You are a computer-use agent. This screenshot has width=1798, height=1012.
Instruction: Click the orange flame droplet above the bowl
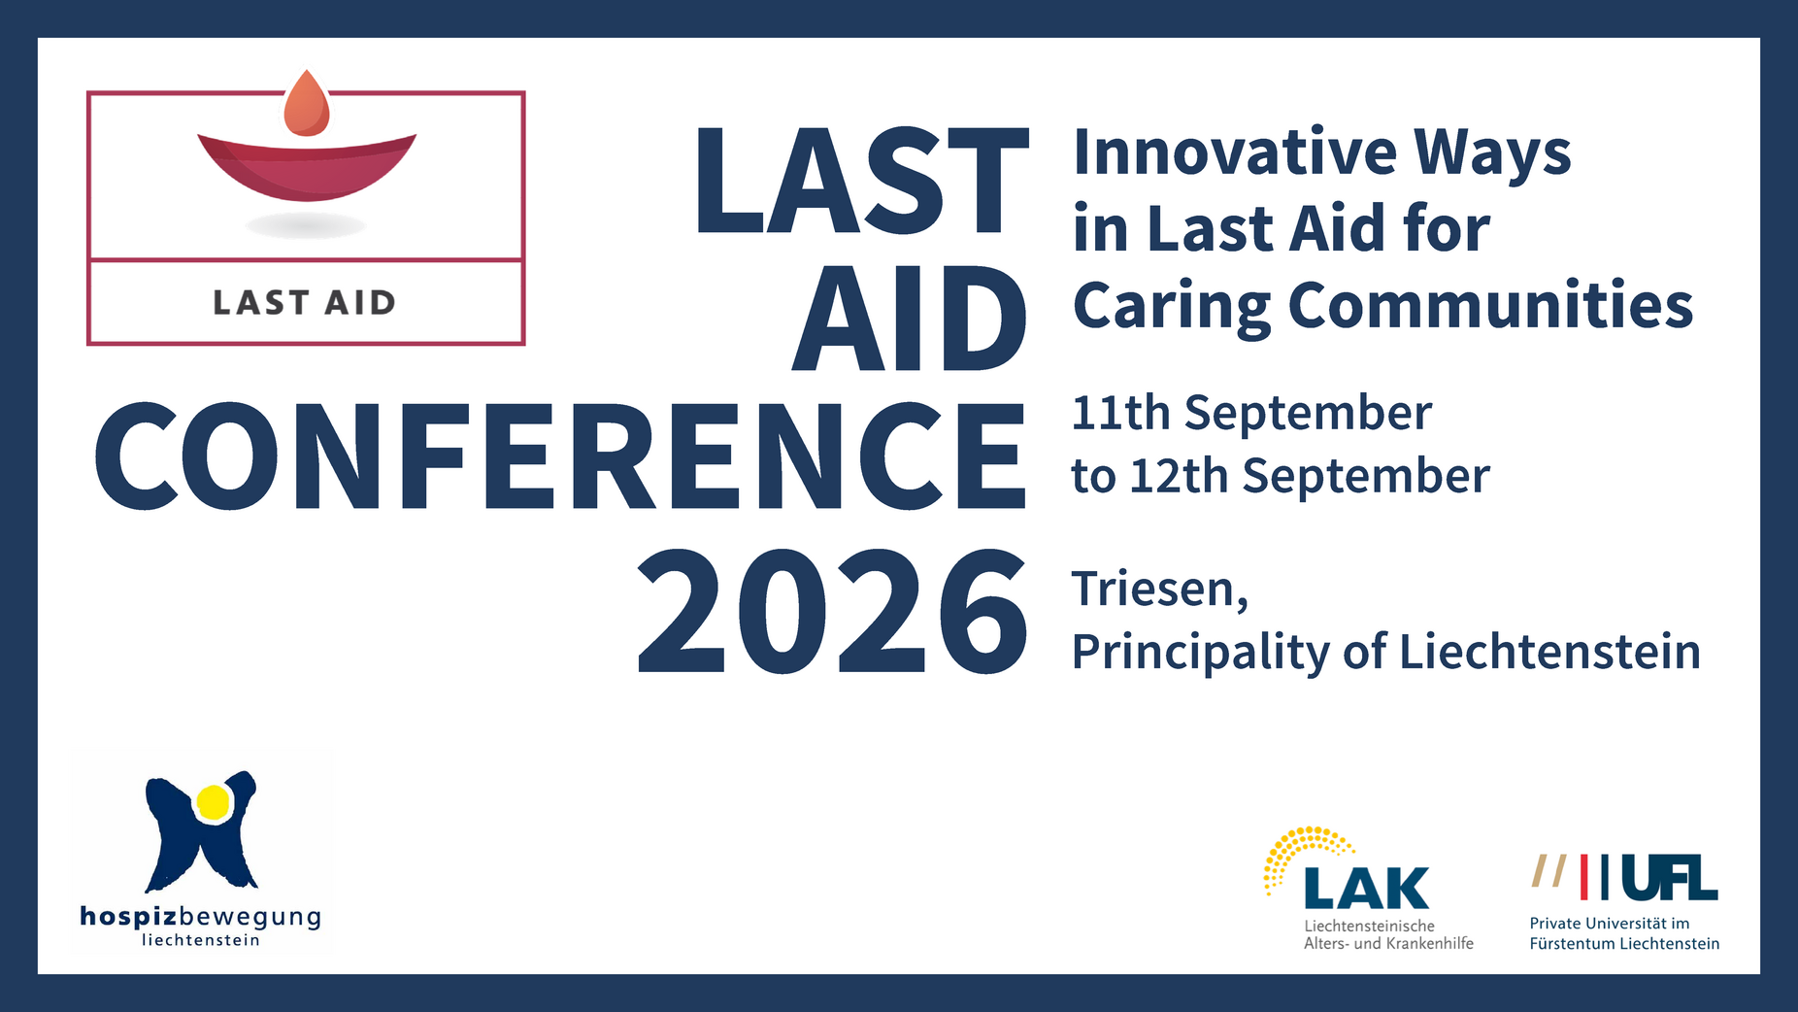pos(307,104)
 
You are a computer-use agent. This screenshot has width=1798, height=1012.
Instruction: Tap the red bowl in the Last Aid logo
pos(307,167)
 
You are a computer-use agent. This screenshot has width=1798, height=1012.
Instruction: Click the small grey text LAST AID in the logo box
pos(304,303)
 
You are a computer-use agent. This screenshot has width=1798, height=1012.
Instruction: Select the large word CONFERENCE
pos(560,455)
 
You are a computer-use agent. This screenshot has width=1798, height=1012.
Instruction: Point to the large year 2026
pos(832,612)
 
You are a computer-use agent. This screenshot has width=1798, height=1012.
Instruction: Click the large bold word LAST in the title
pos(861,181)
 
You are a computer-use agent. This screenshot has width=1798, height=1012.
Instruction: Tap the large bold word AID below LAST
pos(910,319)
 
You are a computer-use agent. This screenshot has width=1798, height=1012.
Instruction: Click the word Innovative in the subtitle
pos(1235,152)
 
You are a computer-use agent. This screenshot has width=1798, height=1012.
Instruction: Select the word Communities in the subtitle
pos(1490,305)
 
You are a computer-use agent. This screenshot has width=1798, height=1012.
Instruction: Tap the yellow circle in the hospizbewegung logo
pos(213,802)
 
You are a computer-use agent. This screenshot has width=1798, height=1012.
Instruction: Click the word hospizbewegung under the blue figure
pos(200,918)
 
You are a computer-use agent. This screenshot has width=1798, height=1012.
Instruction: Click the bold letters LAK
pos(1367,888)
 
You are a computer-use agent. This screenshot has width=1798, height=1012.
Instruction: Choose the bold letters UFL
pos(1669,878)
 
